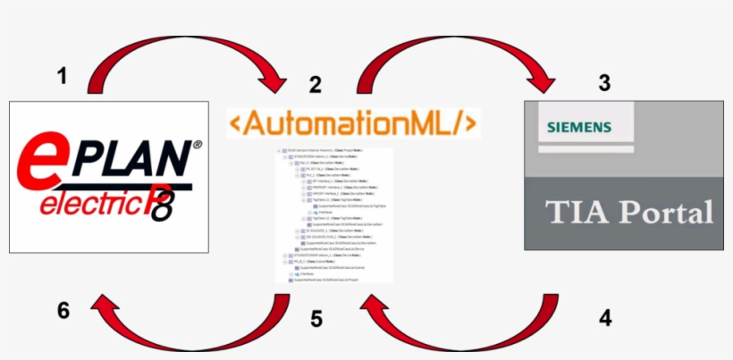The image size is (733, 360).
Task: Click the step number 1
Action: [x=62, y=77]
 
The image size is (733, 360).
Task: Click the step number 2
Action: [x=315, y=85]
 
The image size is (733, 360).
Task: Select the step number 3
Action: [x=605, y=83]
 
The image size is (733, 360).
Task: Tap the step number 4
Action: [x=605, y=316]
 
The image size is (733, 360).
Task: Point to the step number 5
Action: [x=316, y=318]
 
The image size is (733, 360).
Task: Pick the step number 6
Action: [x=63, y=311]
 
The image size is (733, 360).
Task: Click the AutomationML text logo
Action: [x=353, y=123]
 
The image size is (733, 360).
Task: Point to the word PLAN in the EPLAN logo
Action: [x=132, y=159]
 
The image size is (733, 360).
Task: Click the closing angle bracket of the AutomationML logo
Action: [x=469, y=123]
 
